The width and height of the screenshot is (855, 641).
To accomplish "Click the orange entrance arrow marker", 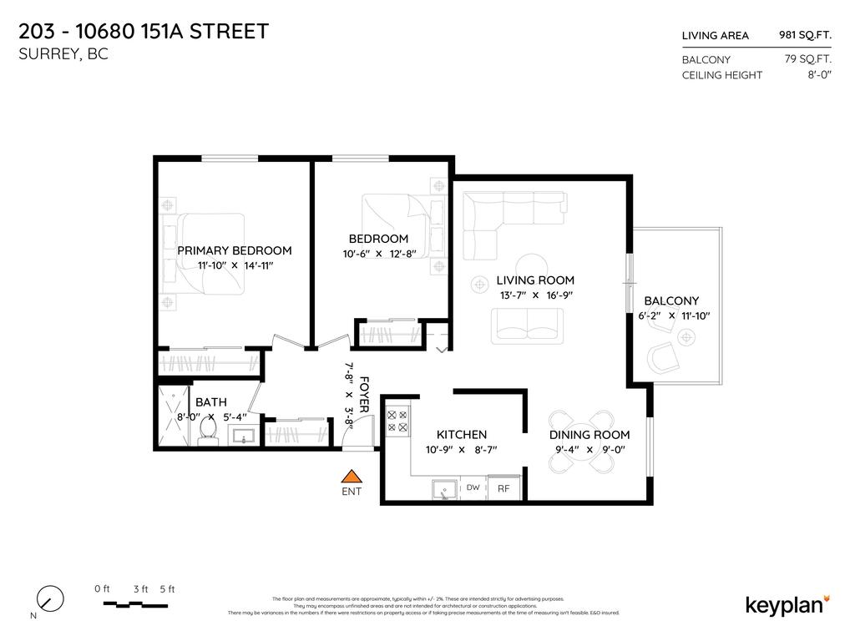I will click(352, 477).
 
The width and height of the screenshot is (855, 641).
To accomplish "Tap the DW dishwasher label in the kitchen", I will click(473, 487).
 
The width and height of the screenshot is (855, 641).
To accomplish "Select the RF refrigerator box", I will click(503, 488).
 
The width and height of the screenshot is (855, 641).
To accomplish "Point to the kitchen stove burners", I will click(397, 420).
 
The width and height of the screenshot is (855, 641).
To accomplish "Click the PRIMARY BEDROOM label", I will click(235, 250).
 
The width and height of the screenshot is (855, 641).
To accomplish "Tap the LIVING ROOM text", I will click(535, 280).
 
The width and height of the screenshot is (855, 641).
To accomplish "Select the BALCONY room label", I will click(671, 301).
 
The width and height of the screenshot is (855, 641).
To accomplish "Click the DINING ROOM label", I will click(589, 435).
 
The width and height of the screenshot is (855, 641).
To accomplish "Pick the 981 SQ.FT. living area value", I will click(805, 35).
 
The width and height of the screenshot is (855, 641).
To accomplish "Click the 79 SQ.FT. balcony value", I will click(807, 59).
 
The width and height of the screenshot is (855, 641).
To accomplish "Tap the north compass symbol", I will click(50, 598).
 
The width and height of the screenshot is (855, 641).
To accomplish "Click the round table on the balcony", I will click(686, 337).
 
